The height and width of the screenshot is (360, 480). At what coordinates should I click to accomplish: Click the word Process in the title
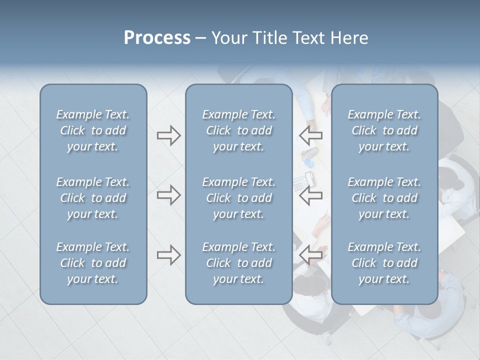coord(157,38)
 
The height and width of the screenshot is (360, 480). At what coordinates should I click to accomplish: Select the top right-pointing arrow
coord(168,135)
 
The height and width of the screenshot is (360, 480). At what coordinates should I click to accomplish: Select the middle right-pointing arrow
coord(168,195)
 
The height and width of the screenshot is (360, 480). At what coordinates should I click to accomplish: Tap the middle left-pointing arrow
coord(311,195)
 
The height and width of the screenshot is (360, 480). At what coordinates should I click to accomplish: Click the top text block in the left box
coord(93,130)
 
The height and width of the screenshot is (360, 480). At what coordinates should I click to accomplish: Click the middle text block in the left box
coord(93,198)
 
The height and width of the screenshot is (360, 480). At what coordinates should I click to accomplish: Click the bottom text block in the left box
coord(93,263)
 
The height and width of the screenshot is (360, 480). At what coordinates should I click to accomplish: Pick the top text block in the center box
coord(238,130)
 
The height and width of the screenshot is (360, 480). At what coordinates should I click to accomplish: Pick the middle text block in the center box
coord(238,198)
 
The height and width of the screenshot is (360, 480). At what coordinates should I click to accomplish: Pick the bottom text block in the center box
coord(238,263)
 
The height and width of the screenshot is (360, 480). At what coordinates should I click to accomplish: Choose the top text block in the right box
coord(384,130)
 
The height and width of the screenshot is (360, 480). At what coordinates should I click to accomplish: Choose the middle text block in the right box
coord(384,198)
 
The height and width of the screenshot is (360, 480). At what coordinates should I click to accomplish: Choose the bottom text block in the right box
coord(384,263)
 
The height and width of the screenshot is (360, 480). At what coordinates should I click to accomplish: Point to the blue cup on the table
coord(308,162)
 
